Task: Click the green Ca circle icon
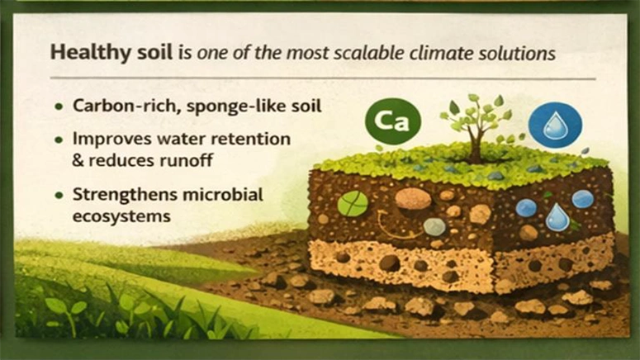tap(393, 121)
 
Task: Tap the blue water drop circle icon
tap(554, 125)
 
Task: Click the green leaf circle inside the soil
tap(353, 203)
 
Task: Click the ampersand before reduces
tap(79, 159)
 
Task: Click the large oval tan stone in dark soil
tap(413, 199)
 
